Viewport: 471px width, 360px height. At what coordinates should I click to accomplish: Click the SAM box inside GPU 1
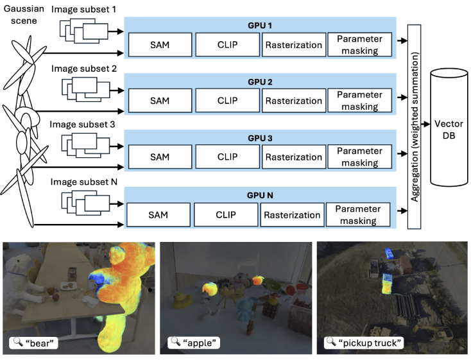click(x=160, y=45)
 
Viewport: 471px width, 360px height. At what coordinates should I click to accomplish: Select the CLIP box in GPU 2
click(x=227, y=100)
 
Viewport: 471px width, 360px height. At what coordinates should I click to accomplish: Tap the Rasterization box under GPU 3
click(x=294, y=157)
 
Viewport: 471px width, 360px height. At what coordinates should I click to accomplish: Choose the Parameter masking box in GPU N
click(x=358, y=214)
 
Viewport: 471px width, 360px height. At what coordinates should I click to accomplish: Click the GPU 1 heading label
click(x=260, y=26)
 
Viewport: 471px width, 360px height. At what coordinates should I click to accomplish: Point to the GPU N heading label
click(x=260, y=195)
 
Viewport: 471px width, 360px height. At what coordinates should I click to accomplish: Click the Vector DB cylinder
click(x=449, y=128)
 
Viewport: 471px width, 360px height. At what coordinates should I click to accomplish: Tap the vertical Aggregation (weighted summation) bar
click(x=415, y=127)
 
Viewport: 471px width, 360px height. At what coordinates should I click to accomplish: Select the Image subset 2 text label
click(x=84, y=69)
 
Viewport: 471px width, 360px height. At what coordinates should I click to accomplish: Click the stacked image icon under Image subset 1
click(x=84, y=30)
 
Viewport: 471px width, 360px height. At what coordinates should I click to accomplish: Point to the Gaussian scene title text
click(x=24, y=15)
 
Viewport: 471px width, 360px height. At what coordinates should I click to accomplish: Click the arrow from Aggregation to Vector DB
click(x=425, y=124)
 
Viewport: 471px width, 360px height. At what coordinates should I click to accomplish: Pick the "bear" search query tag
click(x=33, y=343)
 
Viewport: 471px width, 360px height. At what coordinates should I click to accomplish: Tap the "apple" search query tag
click(x=194, y=343)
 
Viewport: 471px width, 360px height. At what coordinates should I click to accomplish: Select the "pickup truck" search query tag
click(x=364, y=343)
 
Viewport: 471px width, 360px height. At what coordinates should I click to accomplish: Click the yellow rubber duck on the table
click(x=182, y=300)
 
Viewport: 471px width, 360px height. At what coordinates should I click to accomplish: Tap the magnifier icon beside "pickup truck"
click(x=331, y=341)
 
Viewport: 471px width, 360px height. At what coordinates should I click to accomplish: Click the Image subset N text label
click(x=84, y=182)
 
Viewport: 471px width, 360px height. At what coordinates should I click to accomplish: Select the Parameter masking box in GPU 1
click(x=359, y=45)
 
